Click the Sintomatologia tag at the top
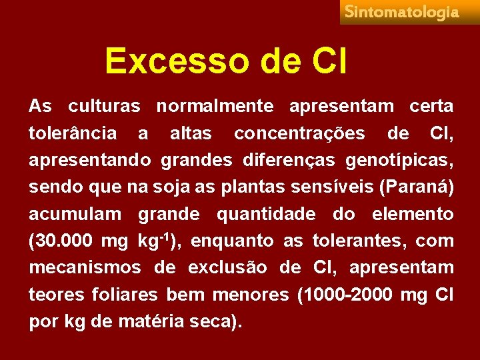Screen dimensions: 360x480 pyautogui.click(x=402, y=13)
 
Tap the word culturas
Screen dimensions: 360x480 pyautogui.click(x=103, y=107)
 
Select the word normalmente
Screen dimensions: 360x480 pyautogui.click(x=215, y=107)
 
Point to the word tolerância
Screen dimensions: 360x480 pyautogui.click(x=72, y=134)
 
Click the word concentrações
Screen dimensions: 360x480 pyautogui.click(x=299, y=134)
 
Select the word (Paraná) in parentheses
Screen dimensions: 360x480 pyautogui.click(x=416, y=187)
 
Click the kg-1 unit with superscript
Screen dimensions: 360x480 pyautogui.click(x=157, y=240)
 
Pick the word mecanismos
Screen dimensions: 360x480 pyautogui.click(x=85, y=268)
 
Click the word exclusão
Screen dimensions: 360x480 pyautogui.click(x=227, y=268)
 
